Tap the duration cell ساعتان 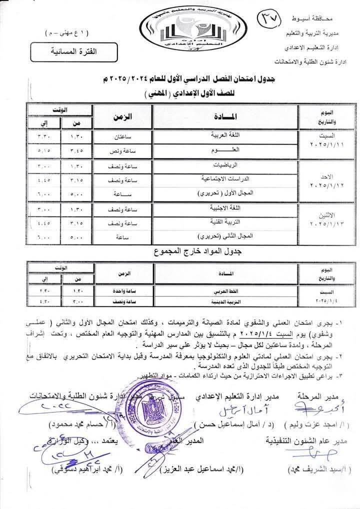[x=123, y=136]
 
